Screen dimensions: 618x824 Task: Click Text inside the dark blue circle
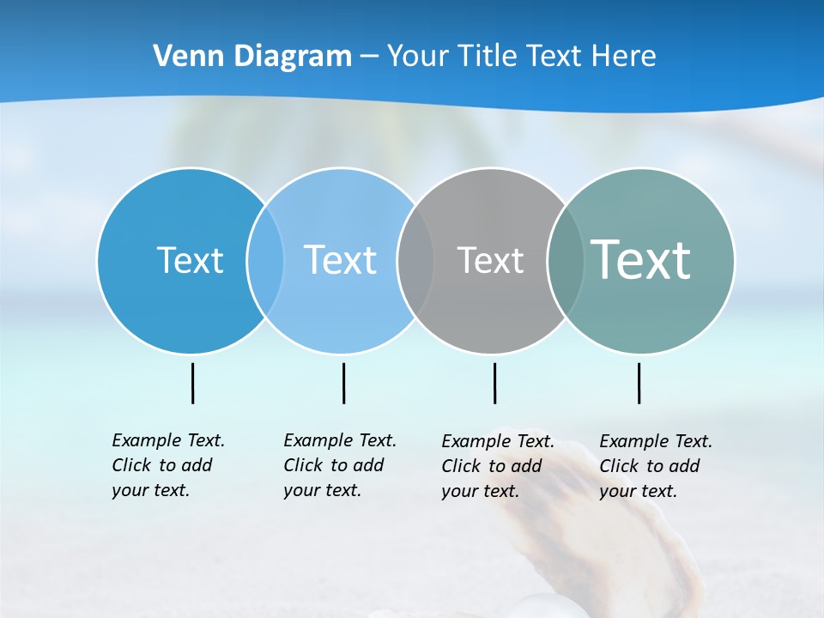click(x=190, y=260)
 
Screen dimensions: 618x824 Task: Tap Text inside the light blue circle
click(x=340, y=260)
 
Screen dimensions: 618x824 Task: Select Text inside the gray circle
click(x=490, y=260)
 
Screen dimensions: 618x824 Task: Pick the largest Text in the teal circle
click(x=640, y=260)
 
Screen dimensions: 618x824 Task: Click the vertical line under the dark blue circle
click(x=192, y=383)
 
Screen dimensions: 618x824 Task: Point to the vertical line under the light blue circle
click(x=343, y=383)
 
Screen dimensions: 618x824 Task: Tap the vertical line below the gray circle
click(x=494, y=383)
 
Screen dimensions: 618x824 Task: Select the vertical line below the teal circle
click(x=639, y=383)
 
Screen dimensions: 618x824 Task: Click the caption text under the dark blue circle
click(x=167, y=465)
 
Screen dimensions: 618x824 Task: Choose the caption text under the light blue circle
click(x=339, y=465)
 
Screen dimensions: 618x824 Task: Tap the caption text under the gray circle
click(x=497, y=466)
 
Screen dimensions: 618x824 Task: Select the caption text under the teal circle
click(x=655, y=466)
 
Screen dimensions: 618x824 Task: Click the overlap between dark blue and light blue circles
click(x=265, y=260)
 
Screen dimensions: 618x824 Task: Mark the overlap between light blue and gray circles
click(x=415, y=260)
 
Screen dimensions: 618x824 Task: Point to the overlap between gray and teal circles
click(x=566, y=260)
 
